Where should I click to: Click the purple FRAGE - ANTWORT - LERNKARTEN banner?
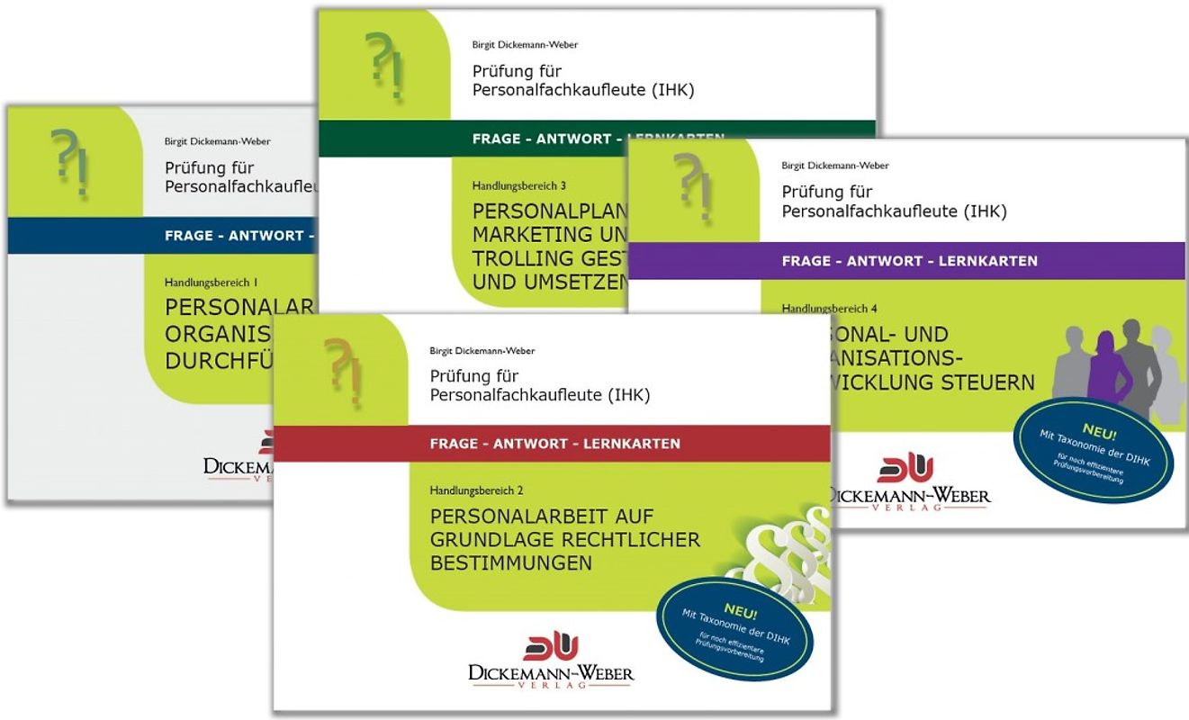[909, 261]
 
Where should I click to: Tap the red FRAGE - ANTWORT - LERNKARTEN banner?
[554, 444]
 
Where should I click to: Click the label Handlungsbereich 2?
[476, 491]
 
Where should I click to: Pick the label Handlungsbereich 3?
[518, 186]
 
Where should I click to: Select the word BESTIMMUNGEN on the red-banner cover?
[511, 564]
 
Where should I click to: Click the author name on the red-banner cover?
[482, 351]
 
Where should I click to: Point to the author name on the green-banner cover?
[525, 44]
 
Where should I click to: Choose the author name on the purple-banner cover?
[834, 166]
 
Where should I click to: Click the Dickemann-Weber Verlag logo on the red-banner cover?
[551, 661]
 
